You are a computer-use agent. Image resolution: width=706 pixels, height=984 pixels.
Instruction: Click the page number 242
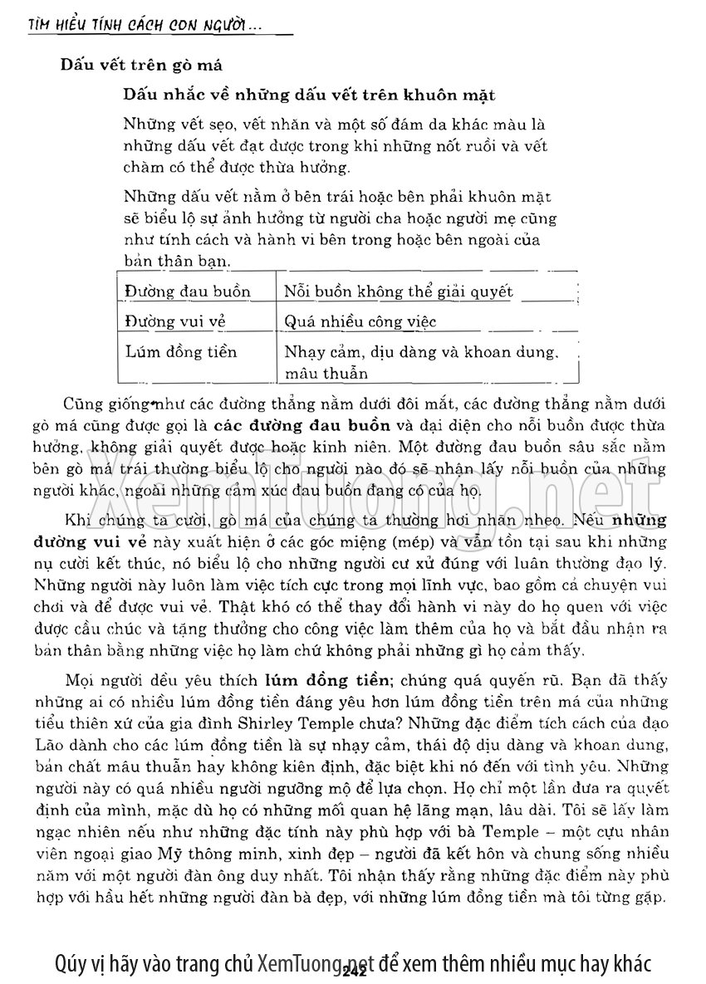coord(354,969)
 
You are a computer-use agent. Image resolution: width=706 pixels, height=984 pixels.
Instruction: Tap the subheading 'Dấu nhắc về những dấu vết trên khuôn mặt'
coord(309,95)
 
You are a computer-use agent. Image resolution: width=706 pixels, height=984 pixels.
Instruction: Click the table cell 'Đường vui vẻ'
coord(175,321)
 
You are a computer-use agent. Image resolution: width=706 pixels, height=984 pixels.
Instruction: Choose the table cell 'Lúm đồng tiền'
coord(181,351)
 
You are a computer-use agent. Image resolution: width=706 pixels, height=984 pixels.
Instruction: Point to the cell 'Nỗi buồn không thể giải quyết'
coord(399,291)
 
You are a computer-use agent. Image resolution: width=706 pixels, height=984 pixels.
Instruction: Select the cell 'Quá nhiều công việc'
coord(360,321)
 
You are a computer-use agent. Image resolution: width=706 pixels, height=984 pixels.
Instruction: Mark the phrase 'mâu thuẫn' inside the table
coord(326,373)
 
